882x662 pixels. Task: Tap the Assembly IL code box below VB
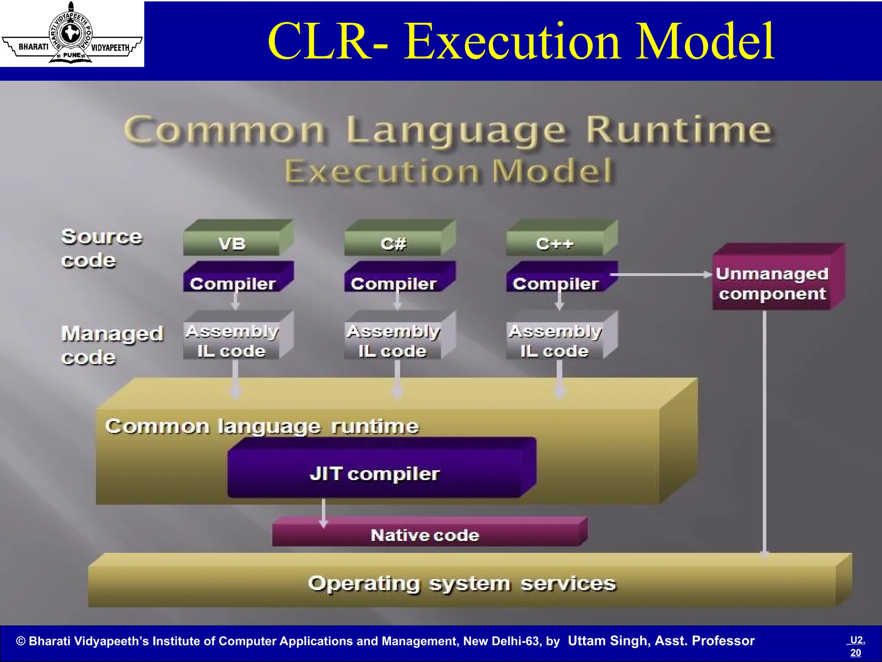(x=233, y=340)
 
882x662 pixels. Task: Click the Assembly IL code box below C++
(x=556, y=340)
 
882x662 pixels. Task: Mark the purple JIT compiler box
(x=375, y=473)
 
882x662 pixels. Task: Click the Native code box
(x=425, y=535)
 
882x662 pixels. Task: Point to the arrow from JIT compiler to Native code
(x=323, y=513)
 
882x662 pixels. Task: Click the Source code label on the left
(x=101, y=248)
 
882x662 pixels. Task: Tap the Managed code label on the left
(x=112, y=345)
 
